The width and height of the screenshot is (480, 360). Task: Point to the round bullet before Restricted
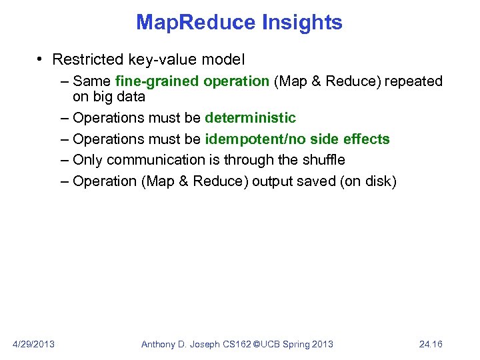pyautogui.click(x=41, y=60)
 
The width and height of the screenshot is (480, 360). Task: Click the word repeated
pyautogui.click(x=412, y=81)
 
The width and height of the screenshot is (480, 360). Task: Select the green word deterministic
pyautogui.click(x=250, y=118)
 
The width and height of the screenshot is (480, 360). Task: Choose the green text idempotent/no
pyautogui.click(x=265, y=139)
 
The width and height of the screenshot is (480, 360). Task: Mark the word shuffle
pyautogui.click(x=321, y=160)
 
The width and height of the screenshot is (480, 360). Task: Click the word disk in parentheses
pyautogui.click(x=377, y=181)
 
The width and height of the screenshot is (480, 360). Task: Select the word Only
pyautogui.click(x=87, y=160)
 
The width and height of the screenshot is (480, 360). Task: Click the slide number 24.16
pyautogui.click(x=431, y=344)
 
